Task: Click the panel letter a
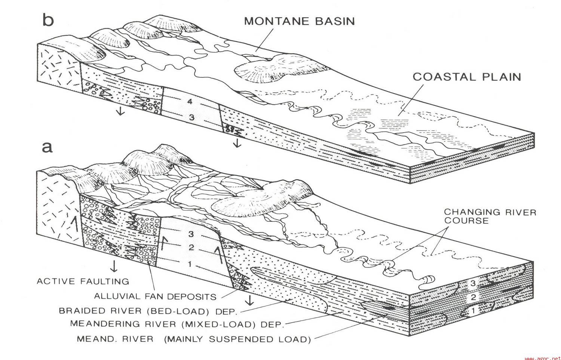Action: [x=47, y=147]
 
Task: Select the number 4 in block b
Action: [x=190, y=101]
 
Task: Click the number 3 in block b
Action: [x=191, y=117]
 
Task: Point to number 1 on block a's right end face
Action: [x=473, y=311]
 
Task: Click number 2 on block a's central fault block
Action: [x=191, y=247]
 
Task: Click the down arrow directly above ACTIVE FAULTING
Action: [x=114, y=266]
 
